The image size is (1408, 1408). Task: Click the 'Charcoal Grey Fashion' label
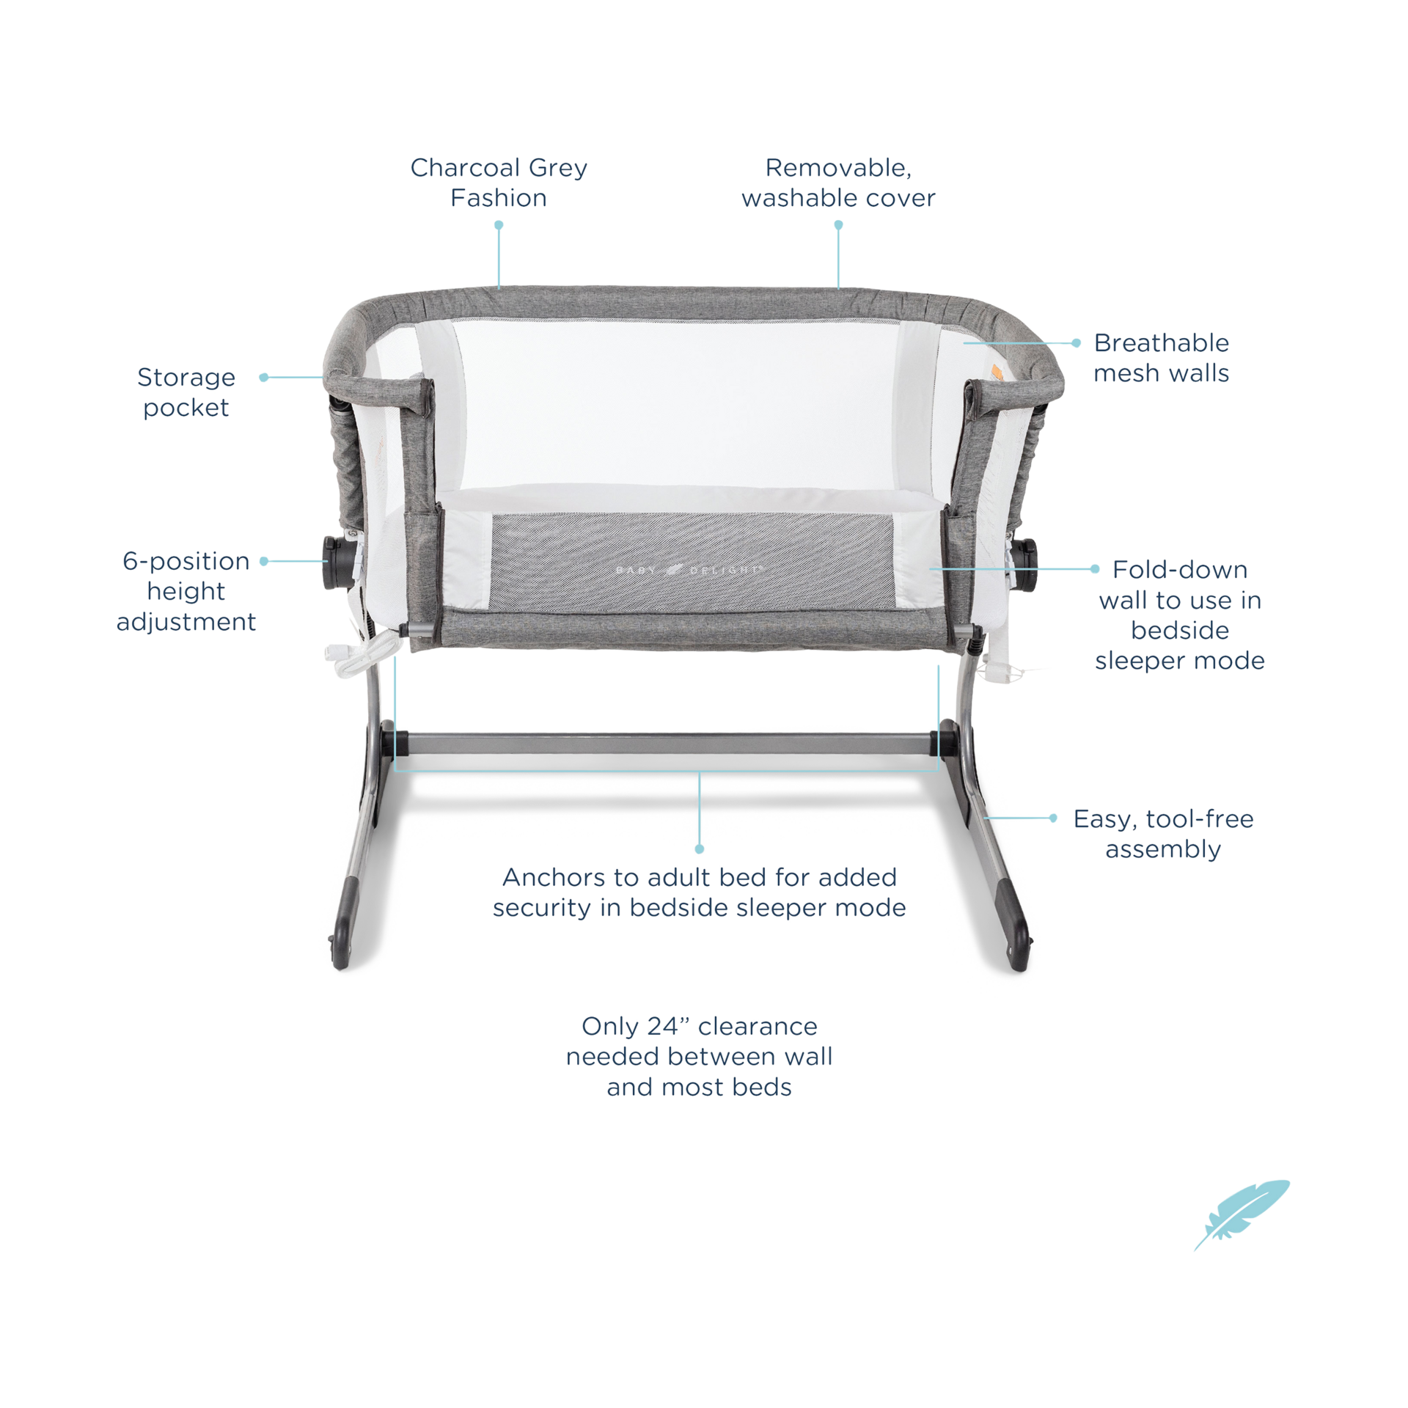[x=499, y=183]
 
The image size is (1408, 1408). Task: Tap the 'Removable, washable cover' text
[x=838, y=183]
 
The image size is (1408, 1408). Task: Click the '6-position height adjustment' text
[x=186, y=592]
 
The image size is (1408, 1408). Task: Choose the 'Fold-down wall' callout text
[x=1179, y=615]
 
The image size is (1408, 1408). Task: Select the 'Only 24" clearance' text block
[x=699, y=1056]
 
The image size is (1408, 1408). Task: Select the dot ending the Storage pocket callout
[x=263, y=377]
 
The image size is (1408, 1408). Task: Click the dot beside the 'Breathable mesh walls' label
[x=1076, y=342]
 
